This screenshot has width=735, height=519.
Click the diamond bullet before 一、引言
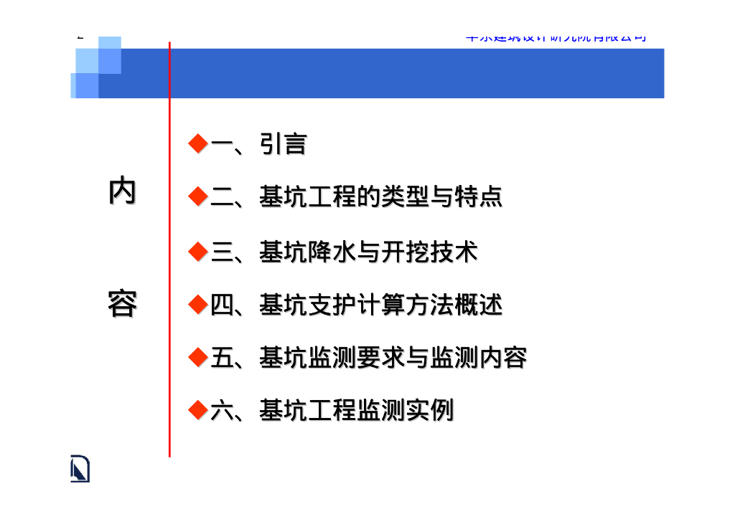pyautogui.click(x=197, y=143)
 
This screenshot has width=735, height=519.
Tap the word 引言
pyautogui.click(x=283, y=144)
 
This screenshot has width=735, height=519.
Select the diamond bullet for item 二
pyautogui.click(x=197, y=196)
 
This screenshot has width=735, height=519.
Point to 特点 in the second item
pyautogui.click(x=478, y=196)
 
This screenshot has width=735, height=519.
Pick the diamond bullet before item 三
pyautogui.click(x=197, y=252)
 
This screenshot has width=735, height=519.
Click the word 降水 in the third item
pyautogui.click(x=332, y=252)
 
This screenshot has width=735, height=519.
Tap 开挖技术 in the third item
pyautogui.click(x=429, y=252)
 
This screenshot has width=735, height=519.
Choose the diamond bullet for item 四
pyautogui.click(x=197, y=305)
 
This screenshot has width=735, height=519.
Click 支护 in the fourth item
pyautogui.click(x=332, y=305)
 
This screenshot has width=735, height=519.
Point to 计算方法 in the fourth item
pyautogui.click(x=405, y=305)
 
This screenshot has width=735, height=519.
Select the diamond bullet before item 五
pyautogui.click(x=197, y=357)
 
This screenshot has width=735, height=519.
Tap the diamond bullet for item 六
pyautogui.click(x=197, y=410)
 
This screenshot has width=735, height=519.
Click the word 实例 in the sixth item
pyautogui.click(x=429, y=411)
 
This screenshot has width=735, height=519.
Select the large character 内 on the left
pyautogui.click(x=122, y=191)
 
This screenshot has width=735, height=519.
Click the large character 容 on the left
pyautogui.click(x=122, y=304)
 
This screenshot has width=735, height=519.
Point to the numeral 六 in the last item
pyautogui.click(x=222, y=411)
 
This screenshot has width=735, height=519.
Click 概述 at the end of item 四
pyautogui.click(x=478, y=305)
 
